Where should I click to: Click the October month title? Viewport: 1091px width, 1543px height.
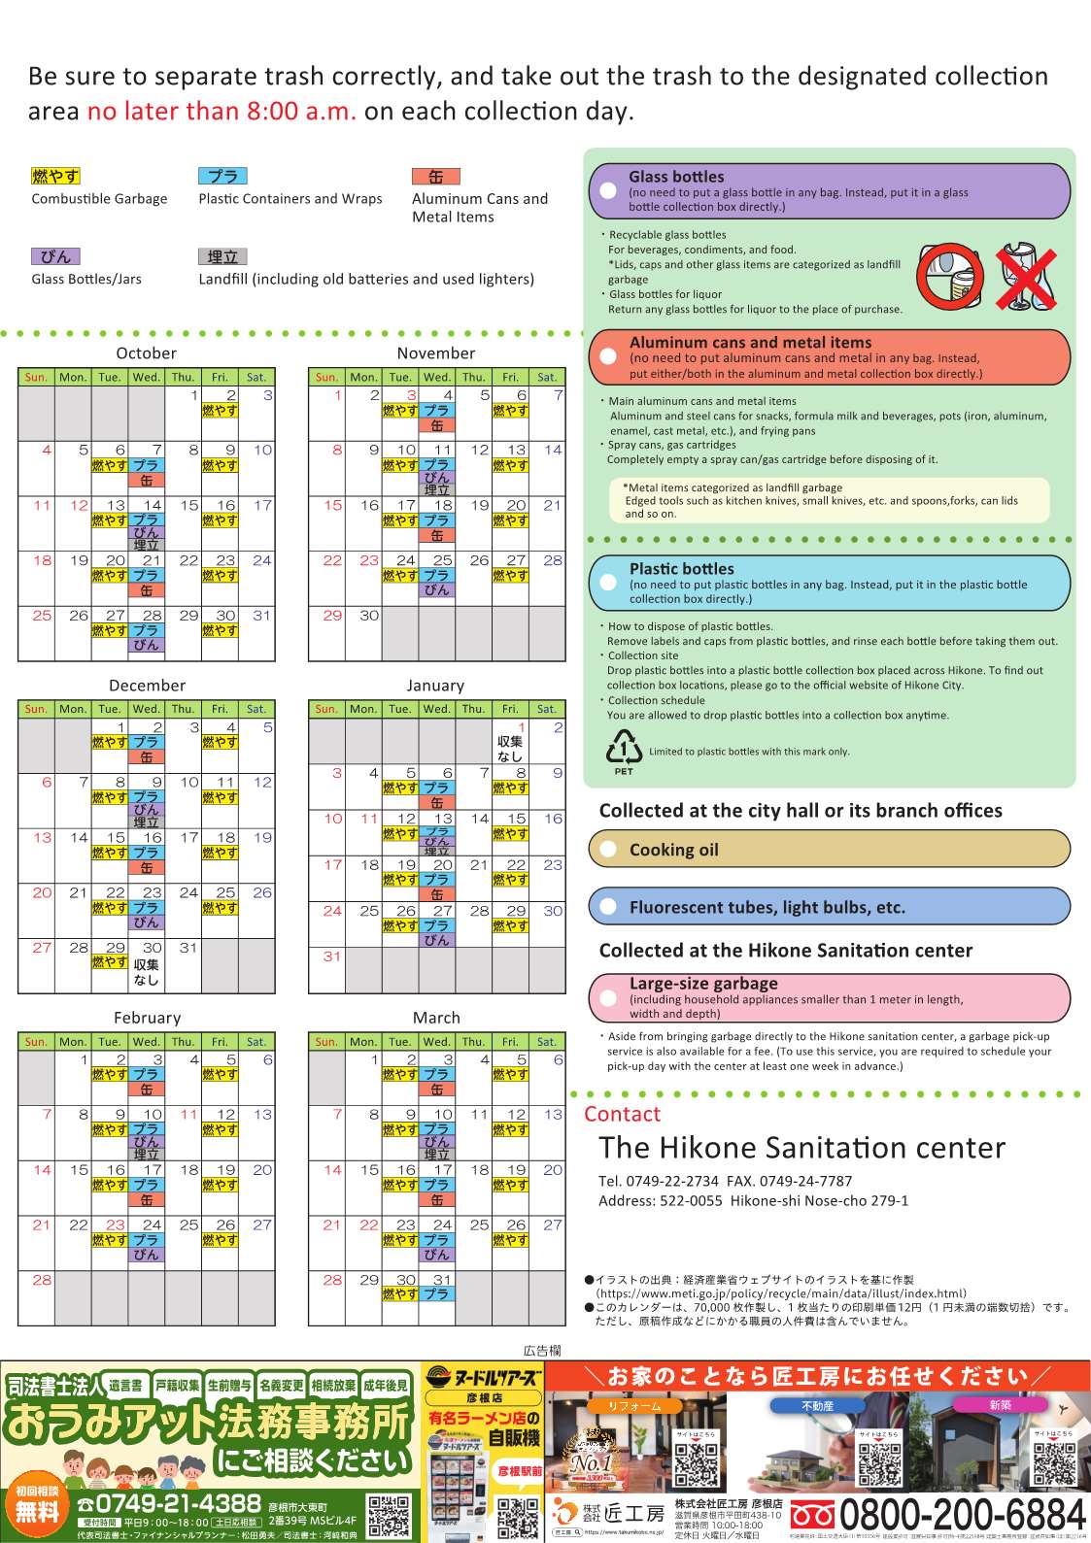tap(146, 353)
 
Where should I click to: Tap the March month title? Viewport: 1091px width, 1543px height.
tap(436, 1018)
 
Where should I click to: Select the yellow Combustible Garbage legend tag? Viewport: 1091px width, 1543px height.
tap(55, 176)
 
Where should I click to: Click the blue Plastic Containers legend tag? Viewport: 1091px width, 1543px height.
tap(222, 176)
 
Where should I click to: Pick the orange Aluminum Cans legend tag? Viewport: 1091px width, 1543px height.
tap(435, 177)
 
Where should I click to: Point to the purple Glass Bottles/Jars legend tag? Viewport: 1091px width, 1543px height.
tap(55, 256)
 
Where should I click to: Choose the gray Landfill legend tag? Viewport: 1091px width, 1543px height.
tap(222, 256)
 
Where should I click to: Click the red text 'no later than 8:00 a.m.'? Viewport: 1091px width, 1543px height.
tap(222, 112)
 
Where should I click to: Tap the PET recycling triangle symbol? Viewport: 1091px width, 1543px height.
tap(624, 749)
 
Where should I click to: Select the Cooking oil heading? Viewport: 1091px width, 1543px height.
tap(673, 850)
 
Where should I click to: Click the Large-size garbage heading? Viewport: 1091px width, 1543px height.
tap(703, 984)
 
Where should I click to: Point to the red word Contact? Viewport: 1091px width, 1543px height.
tap(622, 1114)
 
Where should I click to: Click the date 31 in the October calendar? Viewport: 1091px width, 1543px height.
tap(262, 616)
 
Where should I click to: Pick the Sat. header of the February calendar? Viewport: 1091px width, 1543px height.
tap(256, 1042)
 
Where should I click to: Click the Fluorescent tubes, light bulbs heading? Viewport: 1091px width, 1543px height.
tap(767, 908)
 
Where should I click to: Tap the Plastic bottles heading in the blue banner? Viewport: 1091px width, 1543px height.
tap(681, 569)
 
